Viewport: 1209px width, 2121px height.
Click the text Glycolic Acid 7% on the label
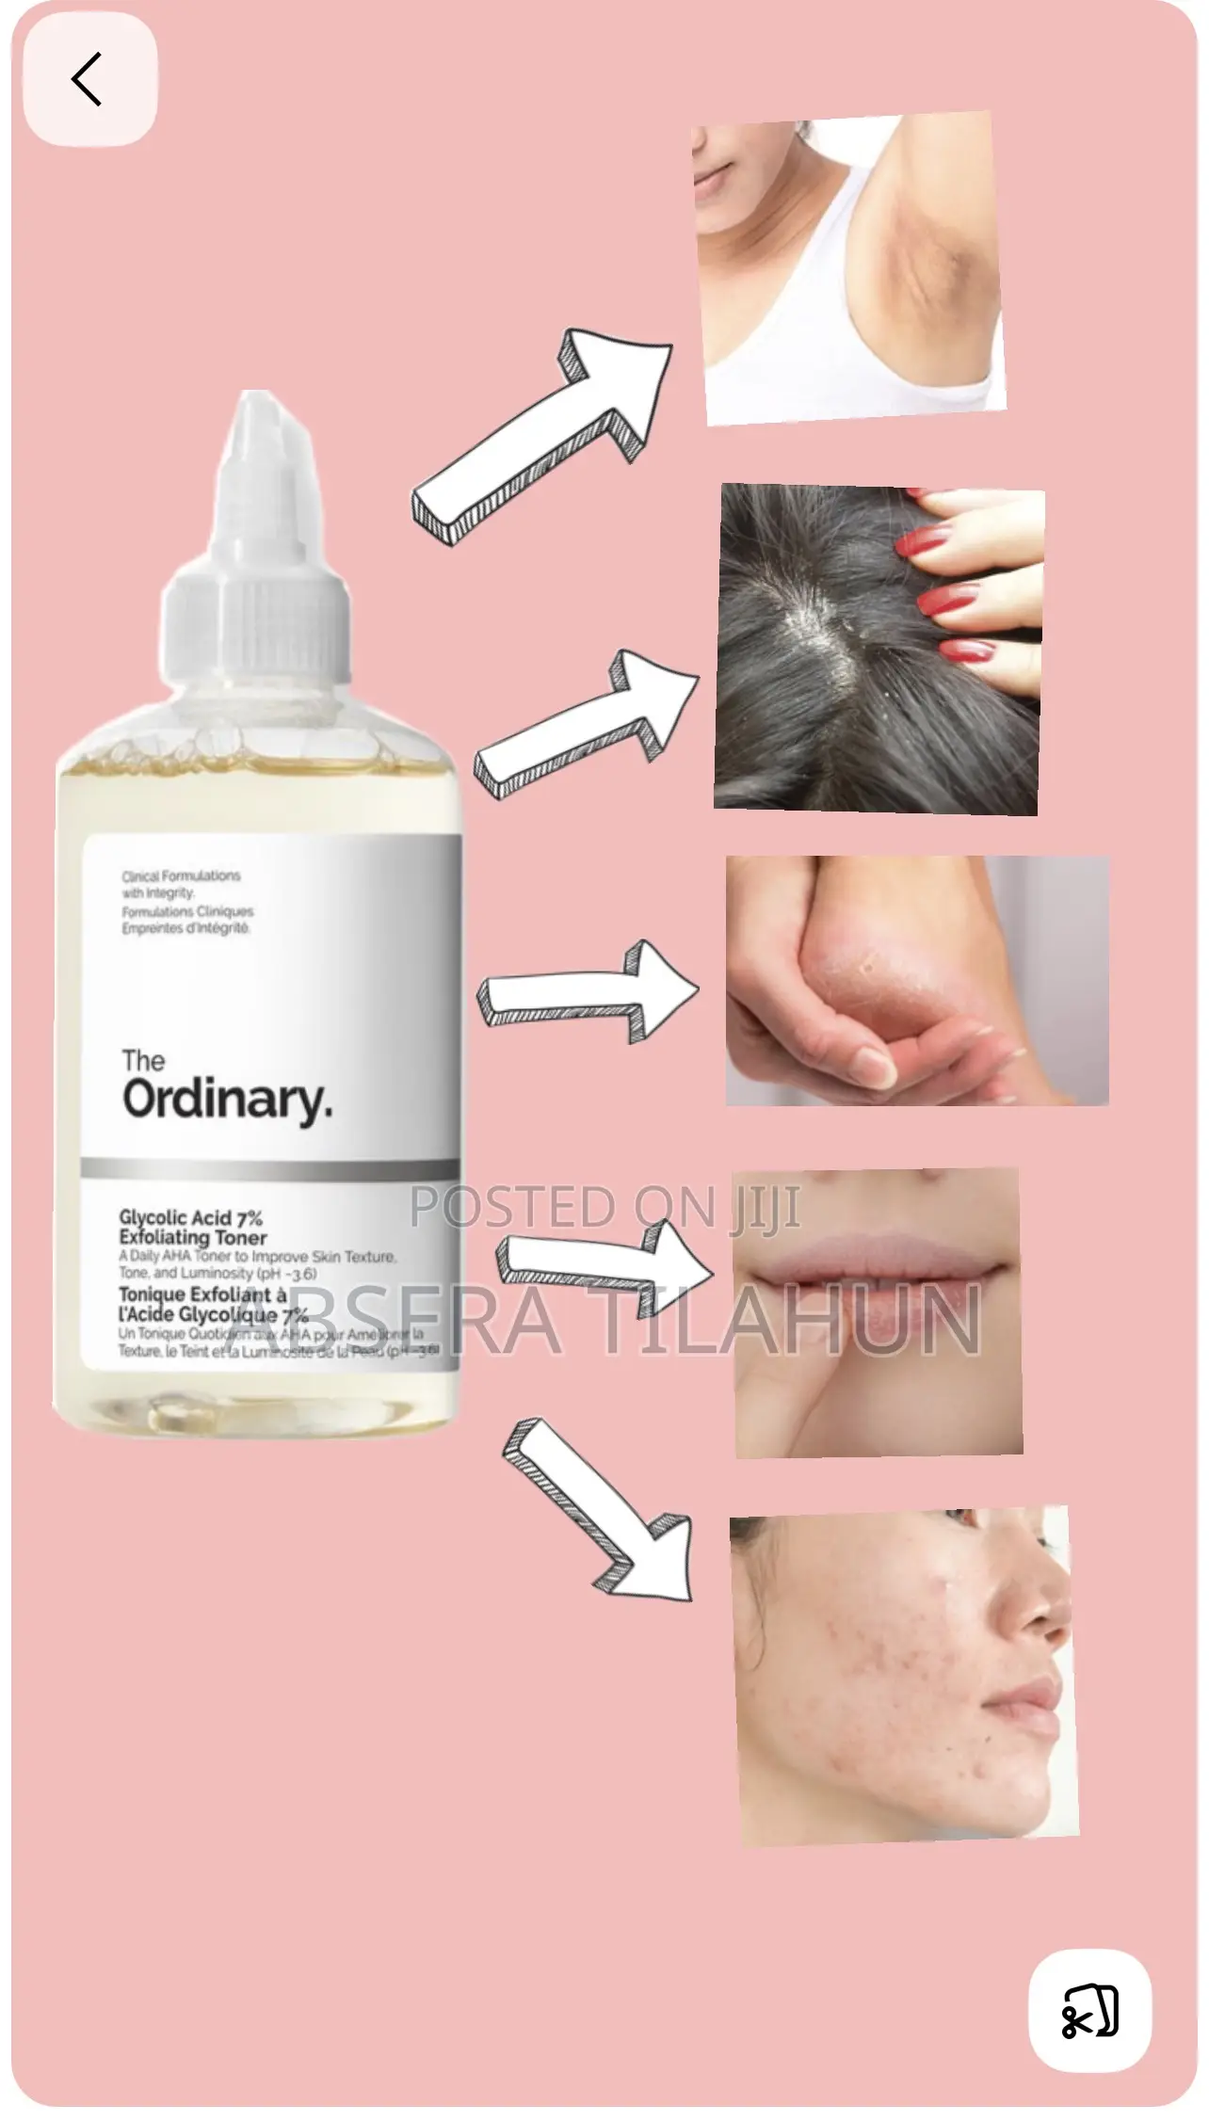tap(190, 1218)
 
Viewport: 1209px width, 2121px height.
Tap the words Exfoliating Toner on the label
tap(193, 1238)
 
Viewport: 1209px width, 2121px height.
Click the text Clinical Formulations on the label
tap(181, 876)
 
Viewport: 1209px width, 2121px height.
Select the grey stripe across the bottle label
tap(270, 1168)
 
